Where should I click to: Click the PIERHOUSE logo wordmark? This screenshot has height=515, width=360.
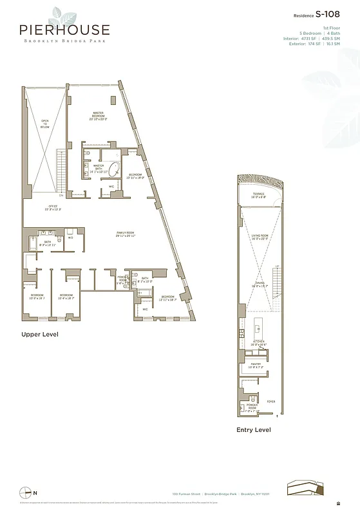pos(64,30)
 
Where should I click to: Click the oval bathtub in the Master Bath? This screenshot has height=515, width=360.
pos(113,171)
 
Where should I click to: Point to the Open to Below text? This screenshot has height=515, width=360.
pos(45,124)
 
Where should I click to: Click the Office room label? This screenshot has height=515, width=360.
pos(52,207)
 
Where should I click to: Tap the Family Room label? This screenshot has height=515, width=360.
pos(125,233)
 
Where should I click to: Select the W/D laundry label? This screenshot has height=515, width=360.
pos(70,238)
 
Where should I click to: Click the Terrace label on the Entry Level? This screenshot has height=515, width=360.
pos(258,194)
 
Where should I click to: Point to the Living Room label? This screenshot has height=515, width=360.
pos(259,237)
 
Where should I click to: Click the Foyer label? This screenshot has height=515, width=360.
pos(270,401)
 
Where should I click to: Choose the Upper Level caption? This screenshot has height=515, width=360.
pos(40,335)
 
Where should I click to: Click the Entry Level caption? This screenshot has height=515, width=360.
pos(253,429)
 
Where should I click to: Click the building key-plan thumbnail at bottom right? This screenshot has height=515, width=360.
pos(306,488)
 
